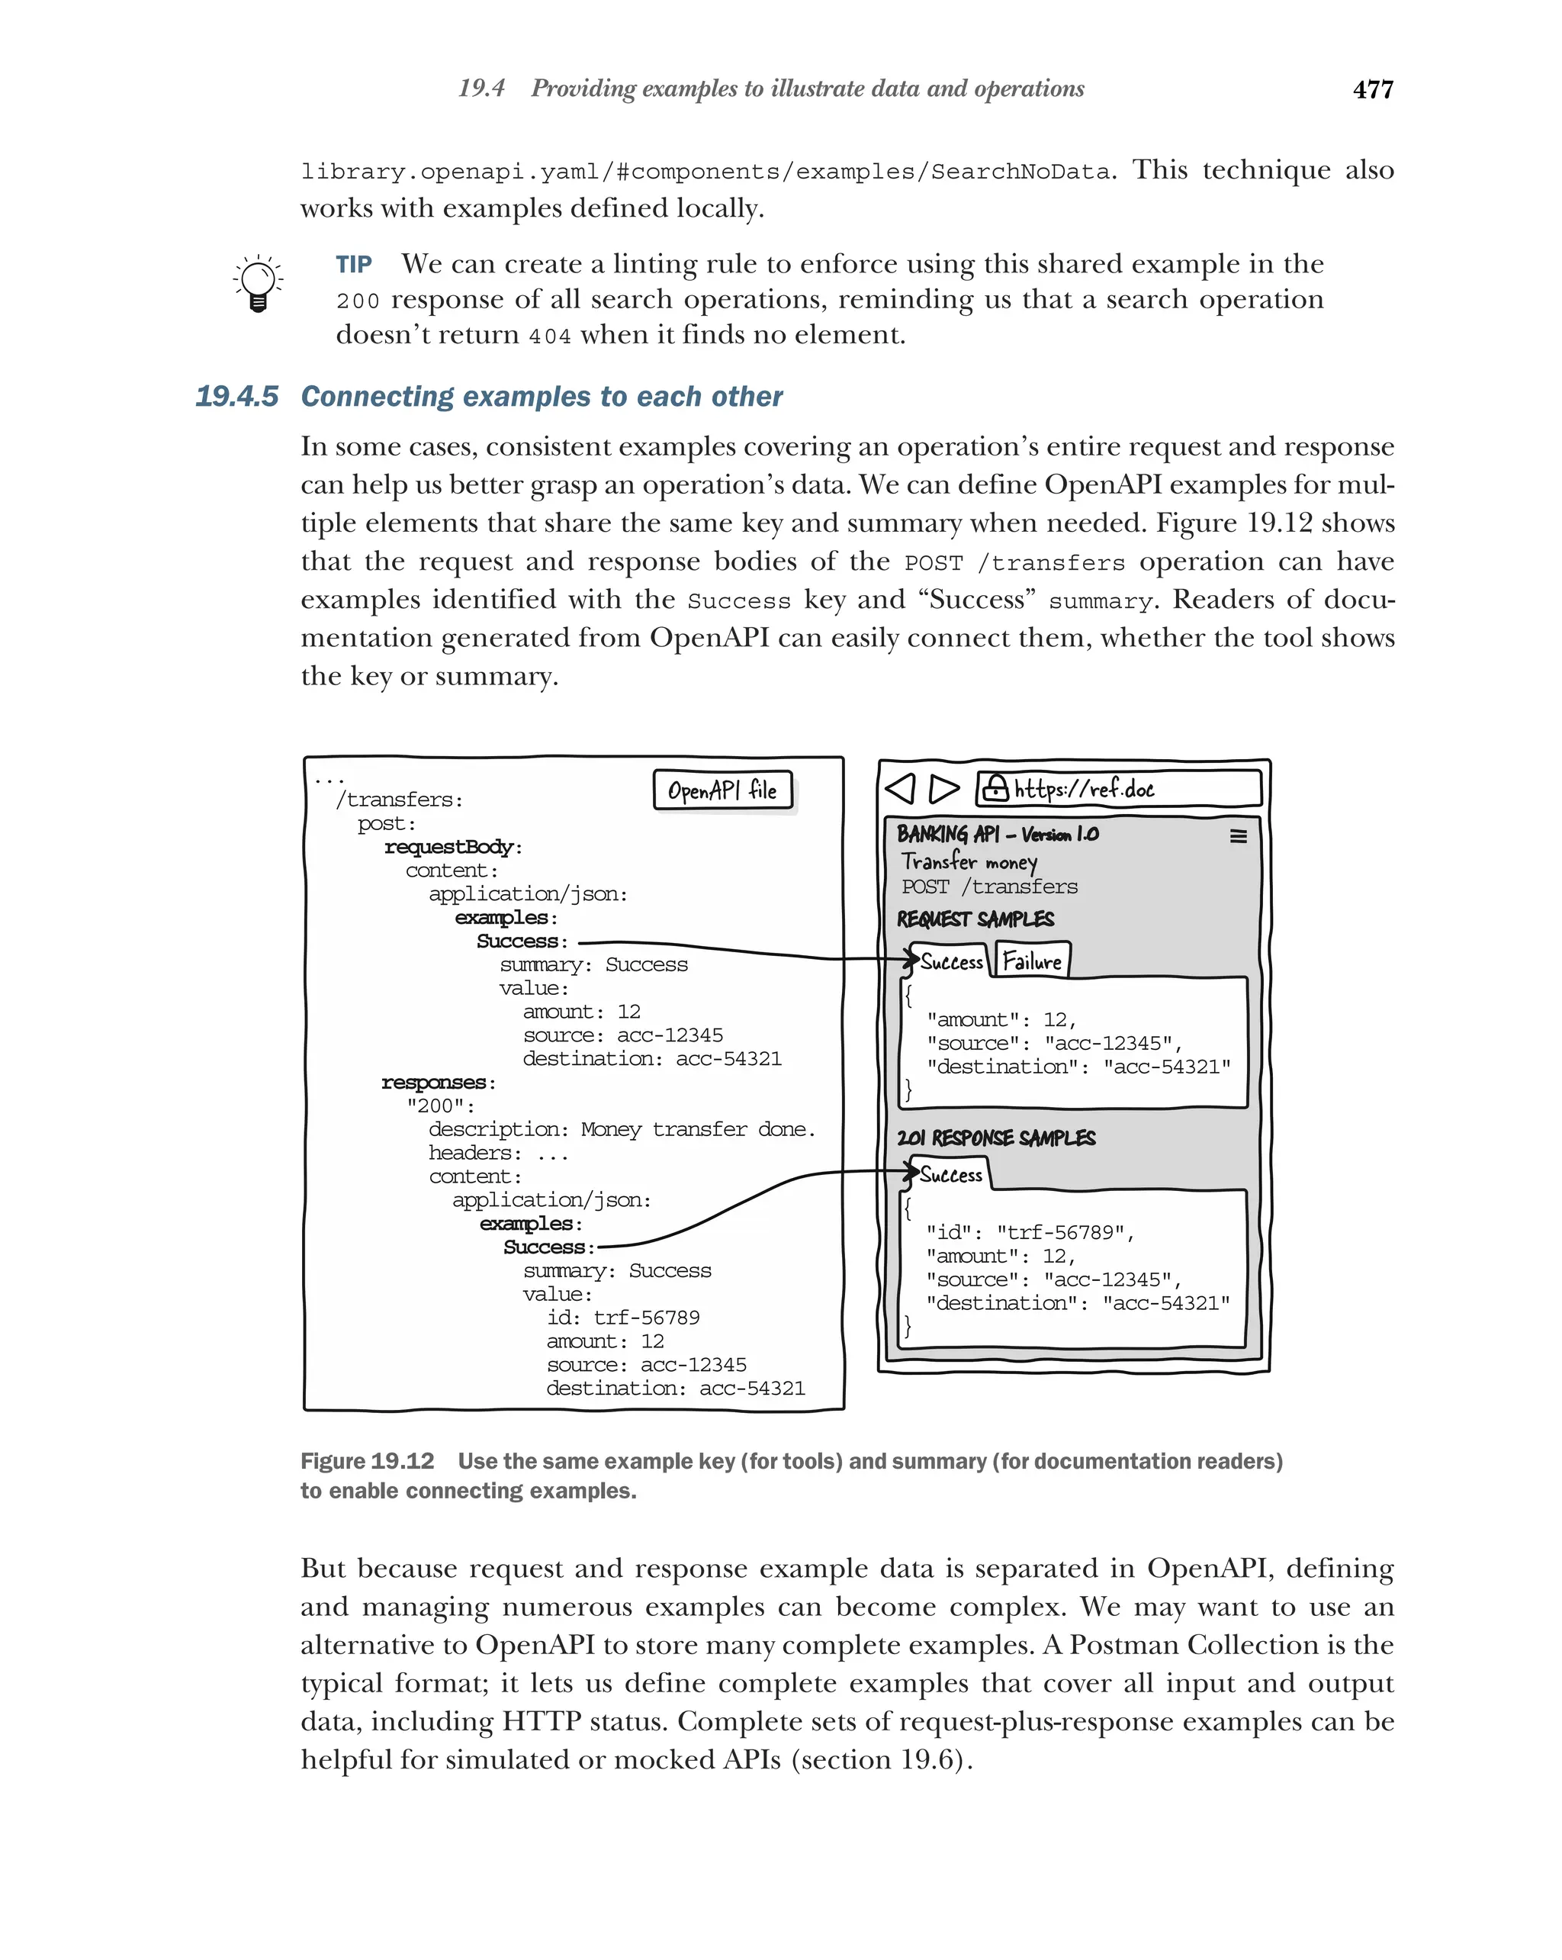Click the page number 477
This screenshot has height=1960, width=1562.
click(1372, 89)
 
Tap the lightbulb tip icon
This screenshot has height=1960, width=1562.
click(258, 283)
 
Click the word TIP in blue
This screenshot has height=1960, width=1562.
click(353, 265)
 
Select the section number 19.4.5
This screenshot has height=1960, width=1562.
click(236, 397)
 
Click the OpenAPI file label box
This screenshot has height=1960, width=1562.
click(722, 790)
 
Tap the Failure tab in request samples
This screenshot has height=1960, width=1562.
click(1032, 961)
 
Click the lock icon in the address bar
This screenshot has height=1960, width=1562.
click(996, 787)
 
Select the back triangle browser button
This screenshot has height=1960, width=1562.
click(901, 788)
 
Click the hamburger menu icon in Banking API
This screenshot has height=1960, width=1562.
click(1238, 835)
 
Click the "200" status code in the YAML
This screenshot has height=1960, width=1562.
click(440, 1106)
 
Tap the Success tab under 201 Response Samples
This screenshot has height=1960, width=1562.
click(950, 1174)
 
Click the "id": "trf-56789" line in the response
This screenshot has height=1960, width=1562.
click(1030, 1233)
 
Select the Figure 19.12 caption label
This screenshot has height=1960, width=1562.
click(367, 1461)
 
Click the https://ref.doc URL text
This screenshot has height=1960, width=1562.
click(1083, 788)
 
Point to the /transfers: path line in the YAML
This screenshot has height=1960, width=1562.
click(399, 800)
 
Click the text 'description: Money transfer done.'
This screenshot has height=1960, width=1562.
click(622, 1130)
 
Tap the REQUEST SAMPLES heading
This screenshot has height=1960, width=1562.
click(975, 919)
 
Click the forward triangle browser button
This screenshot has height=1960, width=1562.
click(944, 788)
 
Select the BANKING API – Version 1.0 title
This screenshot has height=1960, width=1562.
click(997, 834)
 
